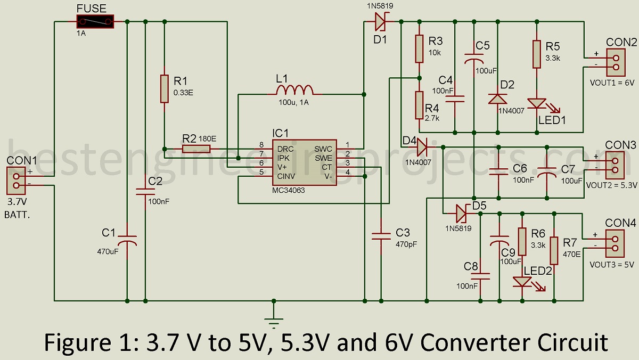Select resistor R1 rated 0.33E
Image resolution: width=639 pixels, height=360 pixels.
coord(164,88)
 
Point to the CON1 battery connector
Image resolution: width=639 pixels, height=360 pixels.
coord(15,179)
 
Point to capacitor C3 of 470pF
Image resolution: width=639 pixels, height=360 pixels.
coord(381,234)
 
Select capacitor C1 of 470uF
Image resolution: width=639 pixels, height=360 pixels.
coord(127,241)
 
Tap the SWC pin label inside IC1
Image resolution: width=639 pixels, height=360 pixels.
coord(323,149)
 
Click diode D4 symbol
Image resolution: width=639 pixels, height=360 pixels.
coord(422,144)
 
